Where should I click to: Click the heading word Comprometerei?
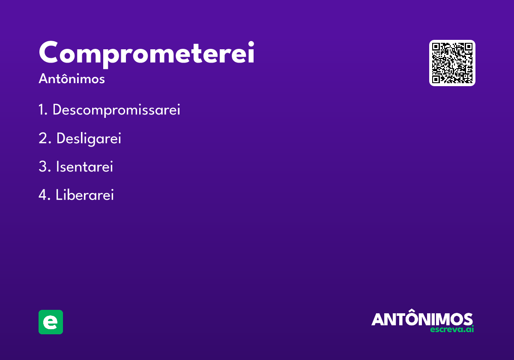146,54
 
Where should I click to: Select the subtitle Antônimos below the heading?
72,79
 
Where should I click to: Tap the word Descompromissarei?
116,110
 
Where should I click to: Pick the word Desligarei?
89,138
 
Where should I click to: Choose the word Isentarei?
84,167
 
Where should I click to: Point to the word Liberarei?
85,195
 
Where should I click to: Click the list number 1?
42,110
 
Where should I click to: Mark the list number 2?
43,138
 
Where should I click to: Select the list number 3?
43,167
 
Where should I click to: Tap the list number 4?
43,195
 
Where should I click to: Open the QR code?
452,63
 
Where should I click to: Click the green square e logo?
51,322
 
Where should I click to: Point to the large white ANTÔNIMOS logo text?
422,319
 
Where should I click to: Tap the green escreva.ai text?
452,330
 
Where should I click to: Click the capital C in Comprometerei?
50,53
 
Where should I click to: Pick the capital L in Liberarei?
59,195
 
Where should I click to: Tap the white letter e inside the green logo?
51,322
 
